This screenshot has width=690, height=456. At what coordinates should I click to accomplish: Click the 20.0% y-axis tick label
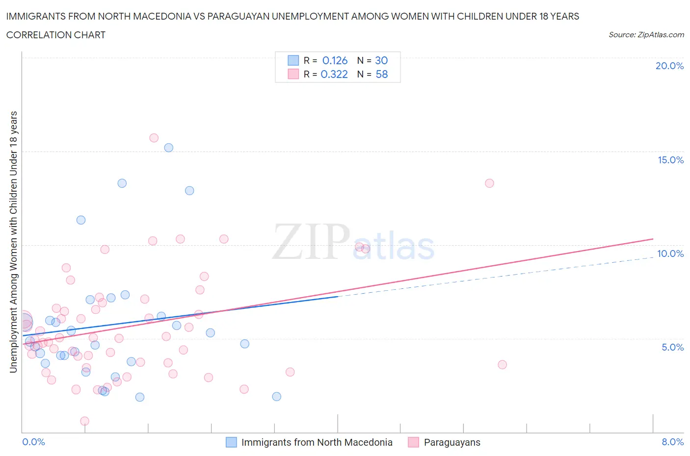point(669,66)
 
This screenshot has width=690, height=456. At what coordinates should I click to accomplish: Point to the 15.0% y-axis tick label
point(670,160)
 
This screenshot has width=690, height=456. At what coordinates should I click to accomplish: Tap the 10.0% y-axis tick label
point(670,253)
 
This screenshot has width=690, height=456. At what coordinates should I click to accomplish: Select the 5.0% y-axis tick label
point(672,347)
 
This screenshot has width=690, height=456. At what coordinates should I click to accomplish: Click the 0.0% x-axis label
point(33,442)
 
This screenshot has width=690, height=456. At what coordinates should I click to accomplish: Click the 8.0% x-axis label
point(672,442)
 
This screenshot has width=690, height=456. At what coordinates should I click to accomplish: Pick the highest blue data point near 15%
point(168,148)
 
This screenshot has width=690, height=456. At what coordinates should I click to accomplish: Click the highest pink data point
point(154,138)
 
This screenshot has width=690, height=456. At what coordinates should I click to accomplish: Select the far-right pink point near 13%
point(489,183)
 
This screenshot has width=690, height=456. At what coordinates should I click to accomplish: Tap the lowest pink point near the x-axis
point(84,421)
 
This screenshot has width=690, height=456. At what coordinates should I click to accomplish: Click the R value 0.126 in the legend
point(335,60)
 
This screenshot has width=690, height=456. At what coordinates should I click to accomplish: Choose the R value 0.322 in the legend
point(334,74)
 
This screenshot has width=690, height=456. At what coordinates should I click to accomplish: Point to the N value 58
point(381,74)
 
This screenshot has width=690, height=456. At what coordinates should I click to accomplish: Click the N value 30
point(381,60)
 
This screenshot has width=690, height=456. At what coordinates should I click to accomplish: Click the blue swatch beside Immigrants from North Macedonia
point(231,442)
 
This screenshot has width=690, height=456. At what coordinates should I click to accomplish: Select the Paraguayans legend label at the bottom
point(451,442)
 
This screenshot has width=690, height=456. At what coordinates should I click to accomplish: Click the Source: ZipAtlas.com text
point(646,35)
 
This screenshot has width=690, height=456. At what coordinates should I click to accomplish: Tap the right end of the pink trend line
point(653,239)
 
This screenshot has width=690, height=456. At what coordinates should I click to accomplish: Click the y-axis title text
point(14,242)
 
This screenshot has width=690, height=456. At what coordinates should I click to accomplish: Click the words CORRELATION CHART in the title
point(56,35)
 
